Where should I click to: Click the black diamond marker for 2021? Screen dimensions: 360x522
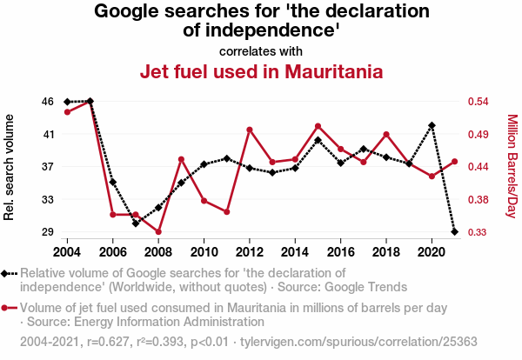tap(454, 231)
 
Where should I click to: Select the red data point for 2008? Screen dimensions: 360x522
tap(158, 232)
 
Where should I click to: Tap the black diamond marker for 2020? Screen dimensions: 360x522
tap(432, 125)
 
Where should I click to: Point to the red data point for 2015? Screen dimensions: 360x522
tap(318, 126)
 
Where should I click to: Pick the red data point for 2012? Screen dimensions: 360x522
tap(250, 130)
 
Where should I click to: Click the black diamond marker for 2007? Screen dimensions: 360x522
tap(136, 223)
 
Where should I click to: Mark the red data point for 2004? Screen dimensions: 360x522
tap(67, 111)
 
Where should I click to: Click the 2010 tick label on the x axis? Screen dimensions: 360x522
tap(204, 252)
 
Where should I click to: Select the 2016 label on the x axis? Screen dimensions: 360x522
tap(340, 252)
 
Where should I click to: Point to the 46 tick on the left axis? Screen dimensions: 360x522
tap(47, 102)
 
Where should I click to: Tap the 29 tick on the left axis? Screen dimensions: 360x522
tap(47, 232)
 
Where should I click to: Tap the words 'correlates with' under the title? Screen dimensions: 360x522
tap(261, 50)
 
